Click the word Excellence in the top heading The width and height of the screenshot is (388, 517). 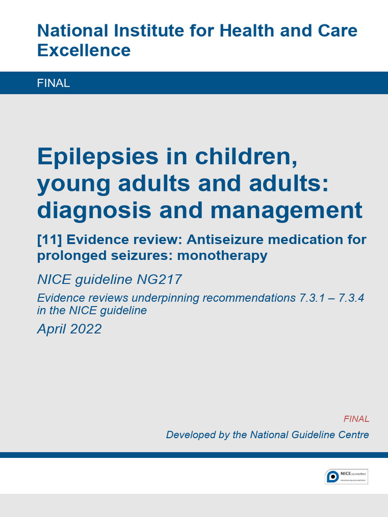[84, 50]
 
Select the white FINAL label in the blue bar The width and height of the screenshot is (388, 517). [54, 83]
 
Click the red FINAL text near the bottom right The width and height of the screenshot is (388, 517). [356, 419]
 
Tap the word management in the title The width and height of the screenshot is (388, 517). [286, 211]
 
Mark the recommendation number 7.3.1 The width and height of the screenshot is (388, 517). [312, 298]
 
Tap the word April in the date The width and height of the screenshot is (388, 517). [52, 329]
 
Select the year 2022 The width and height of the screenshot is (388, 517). [86, 329]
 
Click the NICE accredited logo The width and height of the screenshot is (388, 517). [347, 476]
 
